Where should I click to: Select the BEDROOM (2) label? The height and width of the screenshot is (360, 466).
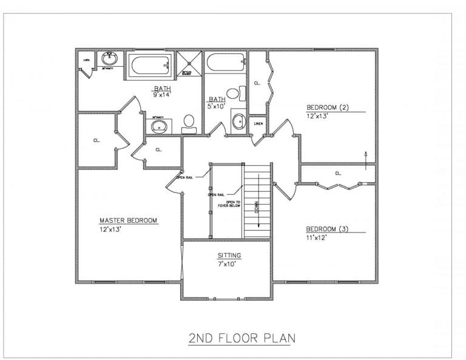[x=328, y=108]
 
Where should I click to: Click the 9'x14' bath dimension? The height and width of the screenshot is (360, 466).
[x=162, y=95]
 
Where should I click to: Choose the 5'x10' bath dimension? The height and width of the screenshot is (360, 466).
[x=217, y=107]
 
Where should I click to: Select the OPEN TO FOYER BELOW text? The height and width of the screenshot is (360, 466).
[x=234, y=204]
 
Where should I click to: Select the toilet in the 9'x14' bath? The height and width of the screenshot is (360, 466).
[x=189, y=122]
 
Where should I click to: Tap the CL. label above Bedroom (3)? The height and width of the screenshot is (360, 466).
[x=338, y=174]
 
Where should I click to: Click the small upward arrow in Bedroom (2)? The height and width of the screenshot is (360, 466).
[x=365, y=155]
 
